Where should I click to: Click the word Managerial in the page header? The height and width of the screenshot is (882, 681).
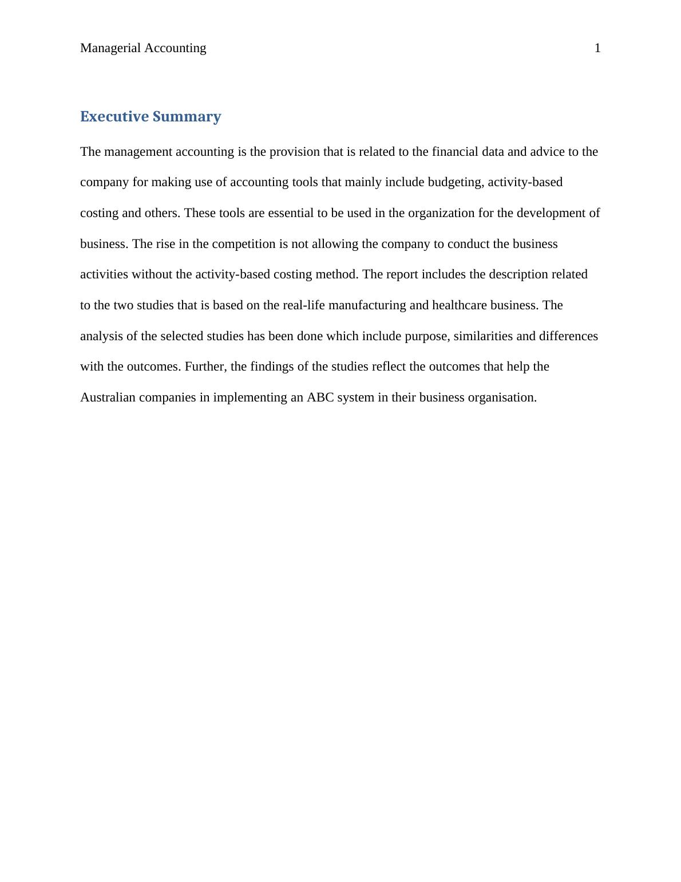coord(110,48)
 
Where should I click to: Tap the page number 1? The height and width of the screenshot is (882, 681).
coord(597,48)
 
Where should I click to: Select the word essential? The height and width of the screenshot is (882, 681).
coord(291,213)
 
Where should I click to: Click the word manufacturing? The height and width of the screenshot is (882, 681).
coord(367,305)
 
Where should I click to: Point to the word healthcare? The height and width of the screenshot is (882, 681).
coord(460,305)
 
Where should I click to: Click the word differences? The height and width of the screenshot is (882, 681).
coord(568,336)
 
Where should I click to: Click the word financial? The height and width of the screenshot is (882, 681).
coord(455,152)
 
